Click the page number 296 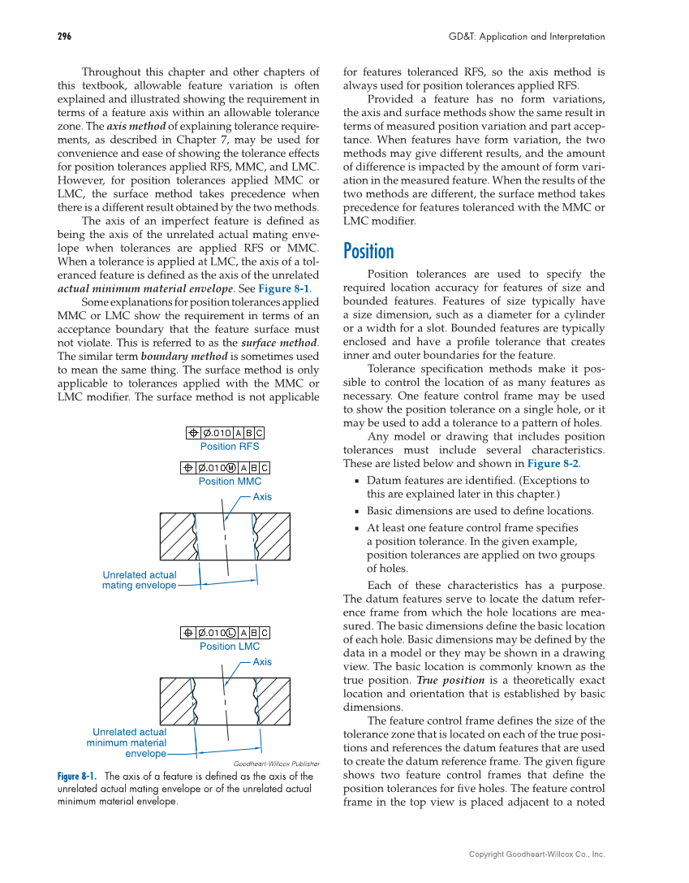coord(64,37)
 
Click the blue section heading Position coord(368,251)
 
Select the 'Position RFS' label coord(230,447)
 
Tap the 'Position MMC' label coord(230,482)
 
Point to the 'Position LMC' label coord(230,647)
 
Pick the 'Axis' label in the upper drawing coord(262,496)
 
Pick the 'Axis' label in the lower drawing coord(262,662)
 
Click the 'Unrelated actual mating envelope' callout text coord(139,580)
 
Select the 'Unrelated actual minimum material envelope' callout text coord(129,742)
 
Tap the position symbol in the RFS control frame coord(193,433)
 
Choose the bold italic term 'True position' coord(439,680)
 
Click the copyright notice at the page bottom coord(536,854)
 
